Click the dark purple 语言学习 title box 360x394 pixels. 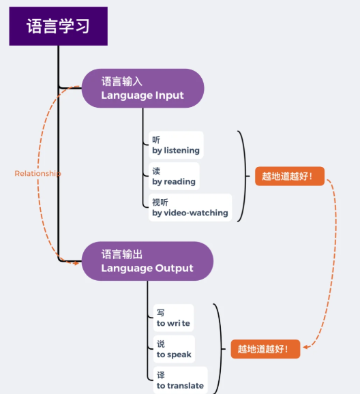click(x=59, y=26)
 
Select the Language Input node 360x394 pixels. click(x=142, y=88)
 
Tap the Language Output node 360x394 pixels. click(x=147, y=261)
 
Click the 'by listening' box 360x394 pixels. click(x=176, y=145)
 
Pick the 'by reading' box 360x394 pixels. click(x=174, y=176)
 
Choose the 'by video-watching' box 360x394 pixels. click(x=190, y=207)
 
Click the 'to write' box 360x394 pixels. click(x=173, y=318)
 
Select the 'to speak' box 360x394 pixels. click(x=174, y=349)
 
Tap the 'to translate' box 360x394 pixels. click(x=180, y=380)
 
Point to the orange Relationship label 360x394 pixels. click(x=37, y=173)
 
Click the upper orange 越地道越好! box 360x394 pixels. click(x=290, y=176)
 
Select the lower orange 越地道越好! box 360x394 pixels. click(x=265, y=349)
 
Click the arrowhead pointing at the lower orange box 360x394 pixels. click(x=305, y=347)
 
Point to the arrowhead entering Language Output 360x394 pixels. click(x=76, y=263)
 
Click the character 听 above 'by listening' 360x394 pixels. click(x=156, y=140)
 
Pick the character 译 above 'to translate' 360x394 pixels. click(x=161, y=375)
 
